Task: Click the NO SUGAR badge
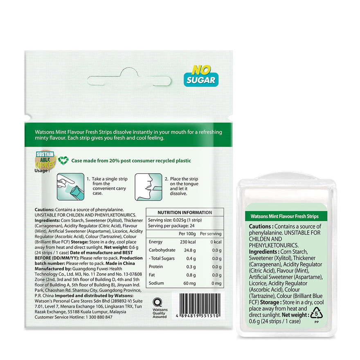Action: [x=201, y=76]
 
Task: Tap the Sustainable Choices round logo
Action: [x=45, y=160]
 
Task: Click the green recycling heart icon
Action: [x=63, y=160]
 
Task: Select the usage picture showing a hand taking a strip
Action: [x=70, y=187]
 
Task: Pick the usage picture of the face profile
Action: [x=148, y=187]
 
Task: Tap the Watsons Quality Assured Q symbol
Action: [x=158, y=302]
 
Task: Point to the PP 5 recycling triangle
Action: [x=317, y=313]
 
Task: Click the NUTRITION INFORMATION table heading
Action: [x=185, y=212]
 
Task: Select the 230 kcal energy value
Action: [x=188, y=242]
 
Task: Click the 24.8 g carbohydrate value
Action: [x=190, y=250]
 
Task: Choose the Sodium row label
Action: [x=156, y=283]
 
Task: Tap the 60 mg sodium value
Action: [x=190, y=283]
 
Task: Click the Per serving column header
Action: [x=211, y=234]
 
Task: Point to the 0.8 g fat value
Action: [x=191, y=275]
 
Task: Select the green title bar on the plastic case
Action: [x=285, y=216]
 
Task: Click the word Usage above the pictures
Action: [x=42, y=171]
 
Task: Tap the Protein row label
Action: [x=156, y=267]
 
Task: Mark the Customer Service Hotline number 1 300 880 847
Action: [x=99, y=317]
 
